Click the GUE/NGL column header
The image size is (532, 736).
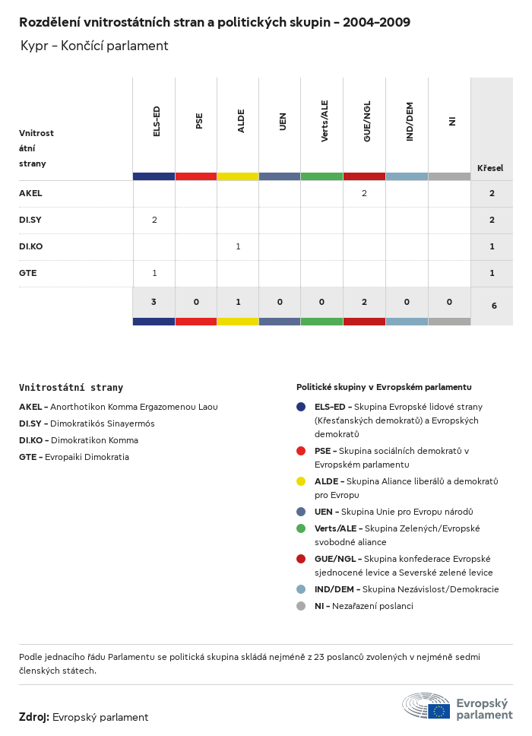tap(366, 122)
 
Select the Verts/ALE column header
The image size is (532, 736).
tap(325, 122)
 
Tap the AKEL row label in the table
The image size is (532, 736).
tap(30, 194)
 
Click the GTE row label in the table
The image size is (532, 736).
tap(27, 273)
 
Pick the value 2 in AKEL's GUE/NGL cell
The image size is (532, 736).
tap(364, 194)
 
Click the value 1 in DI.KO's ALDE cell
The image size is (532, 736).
tap(238, 246)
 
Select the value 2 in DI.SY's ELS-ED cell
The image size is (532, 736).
tap(154, 220)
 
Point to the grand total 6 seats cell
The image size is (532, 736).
tap(494, 306)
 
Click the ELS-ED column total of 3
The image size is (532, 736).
tap(154, 302)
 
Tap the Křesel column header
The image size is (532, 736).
tap(489, 168)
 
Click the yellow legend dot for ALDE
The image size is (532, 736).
tap(301, 481)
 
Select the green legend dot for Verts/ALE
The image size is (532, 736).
tap(301, 528)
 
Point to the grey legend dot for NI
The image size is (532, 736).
tap(301, 606)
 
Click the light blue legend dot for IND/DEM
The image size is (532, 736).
tap(301, 589)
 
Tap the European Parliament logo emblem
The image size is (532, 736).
tap(426, 706)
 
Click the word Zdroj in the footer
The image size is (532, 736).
tap(34, 717)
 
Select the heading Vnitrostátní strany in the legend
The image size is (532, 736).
tap(71, 388)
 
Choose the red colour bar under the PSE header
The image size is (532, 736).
tap(196, 176)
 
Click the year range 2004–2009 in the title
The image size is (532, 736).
tap(376, 23)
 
